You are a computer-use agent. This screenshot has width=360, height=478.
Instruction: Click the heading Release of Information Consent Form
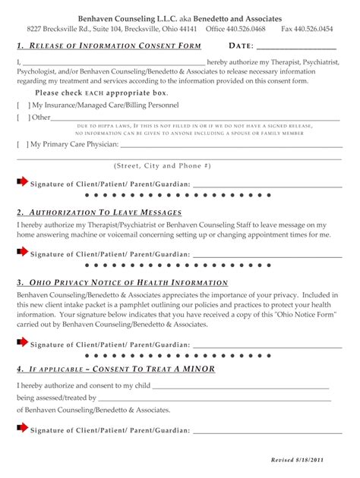point(109,47)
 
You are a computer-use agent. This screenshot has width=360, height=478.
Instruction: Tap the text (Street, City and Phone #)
point(163,165)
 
